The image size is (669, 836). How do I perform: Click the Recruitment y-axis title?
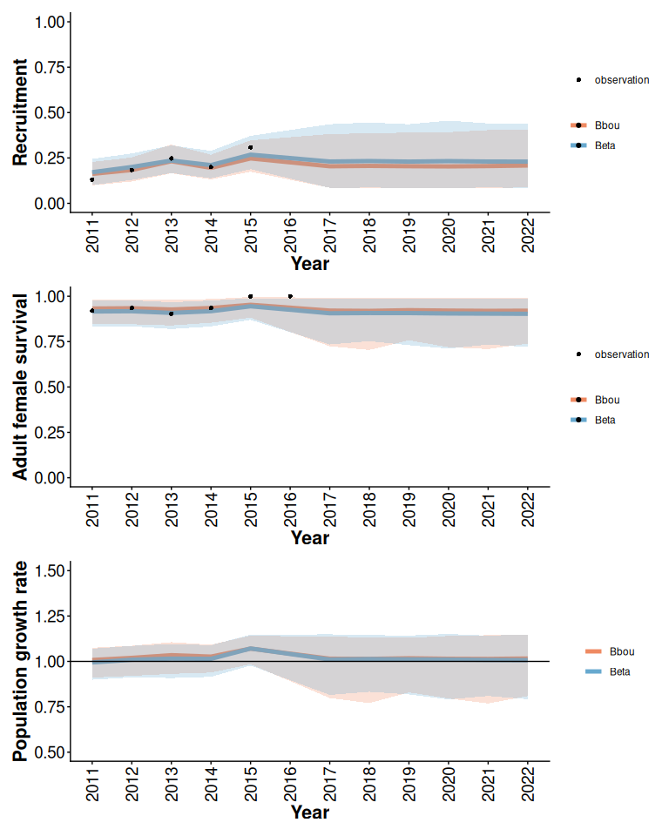pyautogui.click(x=20, y=112)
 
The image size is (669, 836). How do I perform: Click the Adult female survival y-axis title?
pyautogui.click(x=20, y=386)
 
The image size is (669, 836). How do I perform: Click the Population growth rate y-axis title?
pyautogui.click(x=20, y=662)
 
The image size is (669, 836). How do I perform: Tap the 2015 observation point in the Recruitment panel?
pyautogui.click(x=250, y=148)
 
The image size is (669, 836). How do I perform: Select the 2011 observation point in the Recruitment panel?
pyautogui.click(x=91, y=179)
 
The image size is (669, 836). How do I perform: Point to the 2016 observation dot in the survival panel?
pyautogui.click(x=290, y=296)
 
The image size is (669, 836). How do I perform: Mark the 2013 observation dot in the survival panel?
pyautogui.click(x=171, y=313)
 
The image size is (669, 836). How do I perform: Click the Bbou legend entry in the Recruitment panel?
pyautogui.click(x=606, y=125)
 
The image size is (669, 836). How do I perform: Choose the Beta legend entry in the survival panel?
pyautogui.click(x=605, y=420)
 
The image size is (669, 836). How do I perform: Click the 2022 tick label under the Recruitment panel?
pyautogui.click(x=528, y=235)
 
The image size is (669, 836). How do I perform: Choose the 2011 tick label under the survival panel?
pyautogui.click(x=92, y=510)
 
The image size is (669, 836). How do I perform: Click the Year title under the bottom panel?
pyautogui.click(x=309, y=812)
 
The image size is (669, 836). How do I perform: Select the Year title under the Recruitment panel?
pyautogui.click(x=309, y=263)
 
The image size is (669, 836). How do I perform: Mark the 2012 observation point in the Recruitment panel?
pyautogui.click(x=132, y=170)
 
